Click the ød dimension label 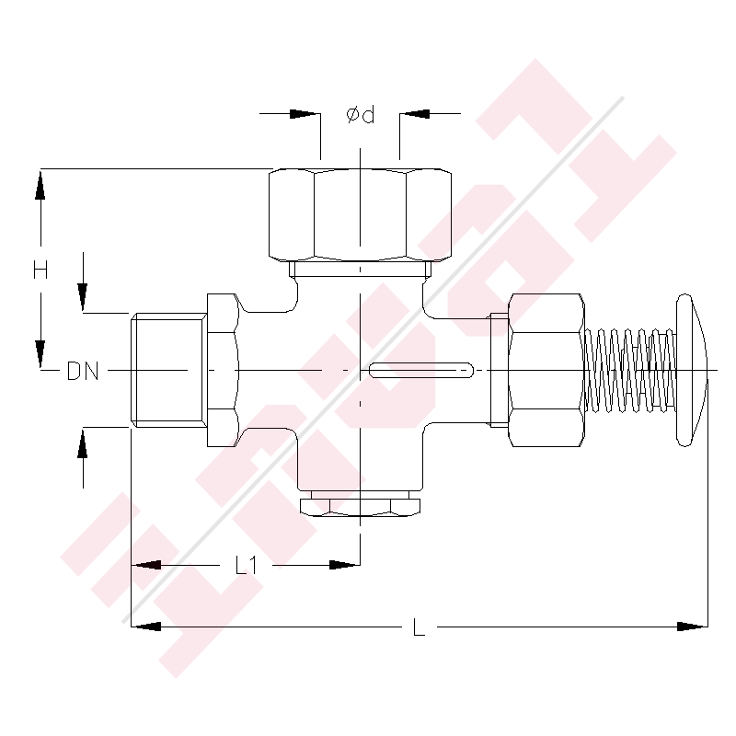click(x=360, y=116)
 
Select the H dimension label click(x=40, y=270)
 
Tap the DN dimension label click(x=83, y=372)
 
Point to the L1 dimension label click(x=246, y=565)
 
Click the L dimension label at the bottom click(x=419, y=629)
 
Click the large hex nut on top click(x=360, y=213)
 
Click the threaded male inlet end click(x=167, y=370)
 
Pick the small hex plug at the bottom click(x=360, y=505)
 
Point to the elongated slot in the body click(x=421, y=371)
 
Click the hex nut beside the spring click(x=546, y=370)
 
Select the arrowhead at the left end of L click(x=147, y=627)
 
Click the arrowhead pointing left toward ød click(x=415, y=114)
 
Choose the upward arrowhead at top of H click(x=40, y=183)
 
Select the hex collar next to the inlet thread click(x=224, y=370)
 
